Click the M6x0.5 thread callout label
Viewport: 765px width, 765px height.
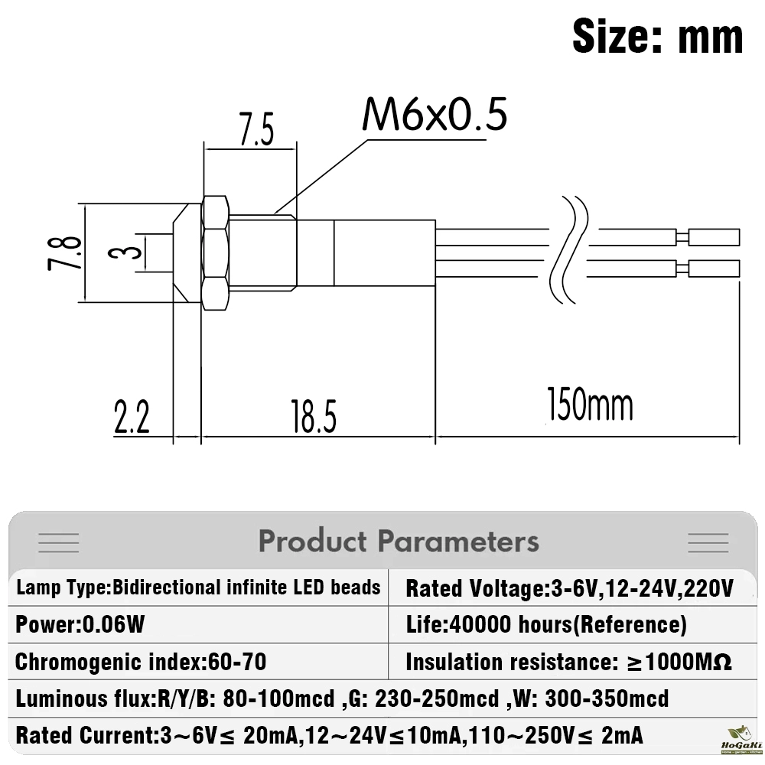[435, 115]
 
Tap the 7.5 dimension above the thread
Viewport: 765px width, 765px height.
[256, 130]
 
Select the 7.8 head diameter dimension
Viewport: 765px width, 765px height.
[64, 252]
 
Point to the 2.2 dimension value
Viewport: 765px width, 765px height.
[132, 417]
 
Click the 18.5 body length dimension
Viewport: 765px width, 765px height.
[314, 417]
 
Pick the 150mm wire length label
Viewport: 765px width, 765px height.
[590, 405]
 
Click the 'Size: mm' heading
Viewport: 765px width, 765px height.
[658, 37]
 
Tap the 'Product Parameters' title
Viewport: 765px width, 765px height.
[399, 541]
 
